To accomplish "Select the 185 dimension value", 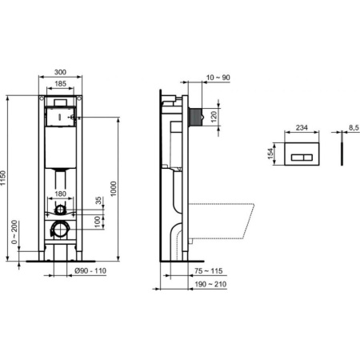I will coord(60,84).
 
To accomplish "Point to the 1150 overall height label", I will coord(6,179).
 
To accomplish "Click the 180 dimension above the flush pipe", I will coord(60,193).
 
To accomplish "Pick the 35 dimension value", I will coord(98,201).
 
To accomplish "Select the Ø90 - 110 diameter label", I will coord(85,273).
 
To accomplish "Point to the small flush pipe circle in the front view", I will coord(59,210).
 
